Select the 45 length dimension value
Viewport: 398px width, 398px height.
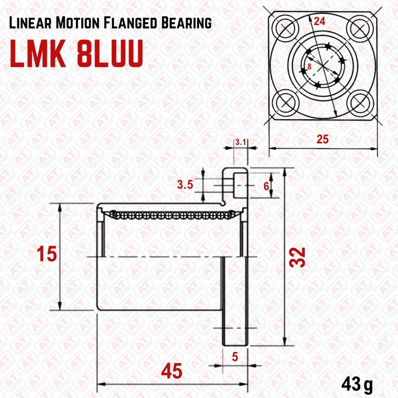171,371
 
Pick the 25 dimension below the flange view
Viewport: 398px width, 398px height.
322,139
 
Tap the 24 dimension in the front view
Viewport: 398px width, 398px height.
320,22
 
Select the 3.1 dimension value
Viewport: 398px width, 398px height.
241,142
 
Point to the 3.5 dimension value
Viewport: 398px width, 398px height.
185,186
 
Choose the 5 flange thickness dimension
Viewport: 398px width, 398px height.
235,356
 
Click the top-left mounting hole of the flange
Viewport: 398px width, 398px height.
286,27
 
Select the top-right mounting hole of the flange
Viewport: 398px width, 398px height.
358,27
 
